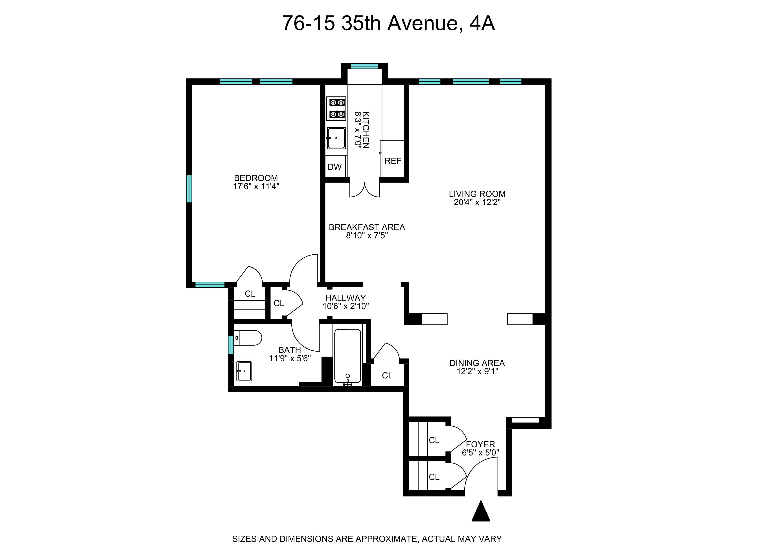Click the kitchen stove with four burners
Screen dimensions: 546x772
pyautogui.click(x=336, y=108)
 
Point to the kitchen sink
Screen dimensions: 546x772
pyautogui.click(x=336, y=138)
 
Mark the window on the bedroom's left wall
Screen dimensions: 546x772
pyautogui.click(x=189, y=189)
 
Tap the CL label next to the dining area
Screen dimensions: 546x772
pyautogui.click(x=387, y=376)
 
